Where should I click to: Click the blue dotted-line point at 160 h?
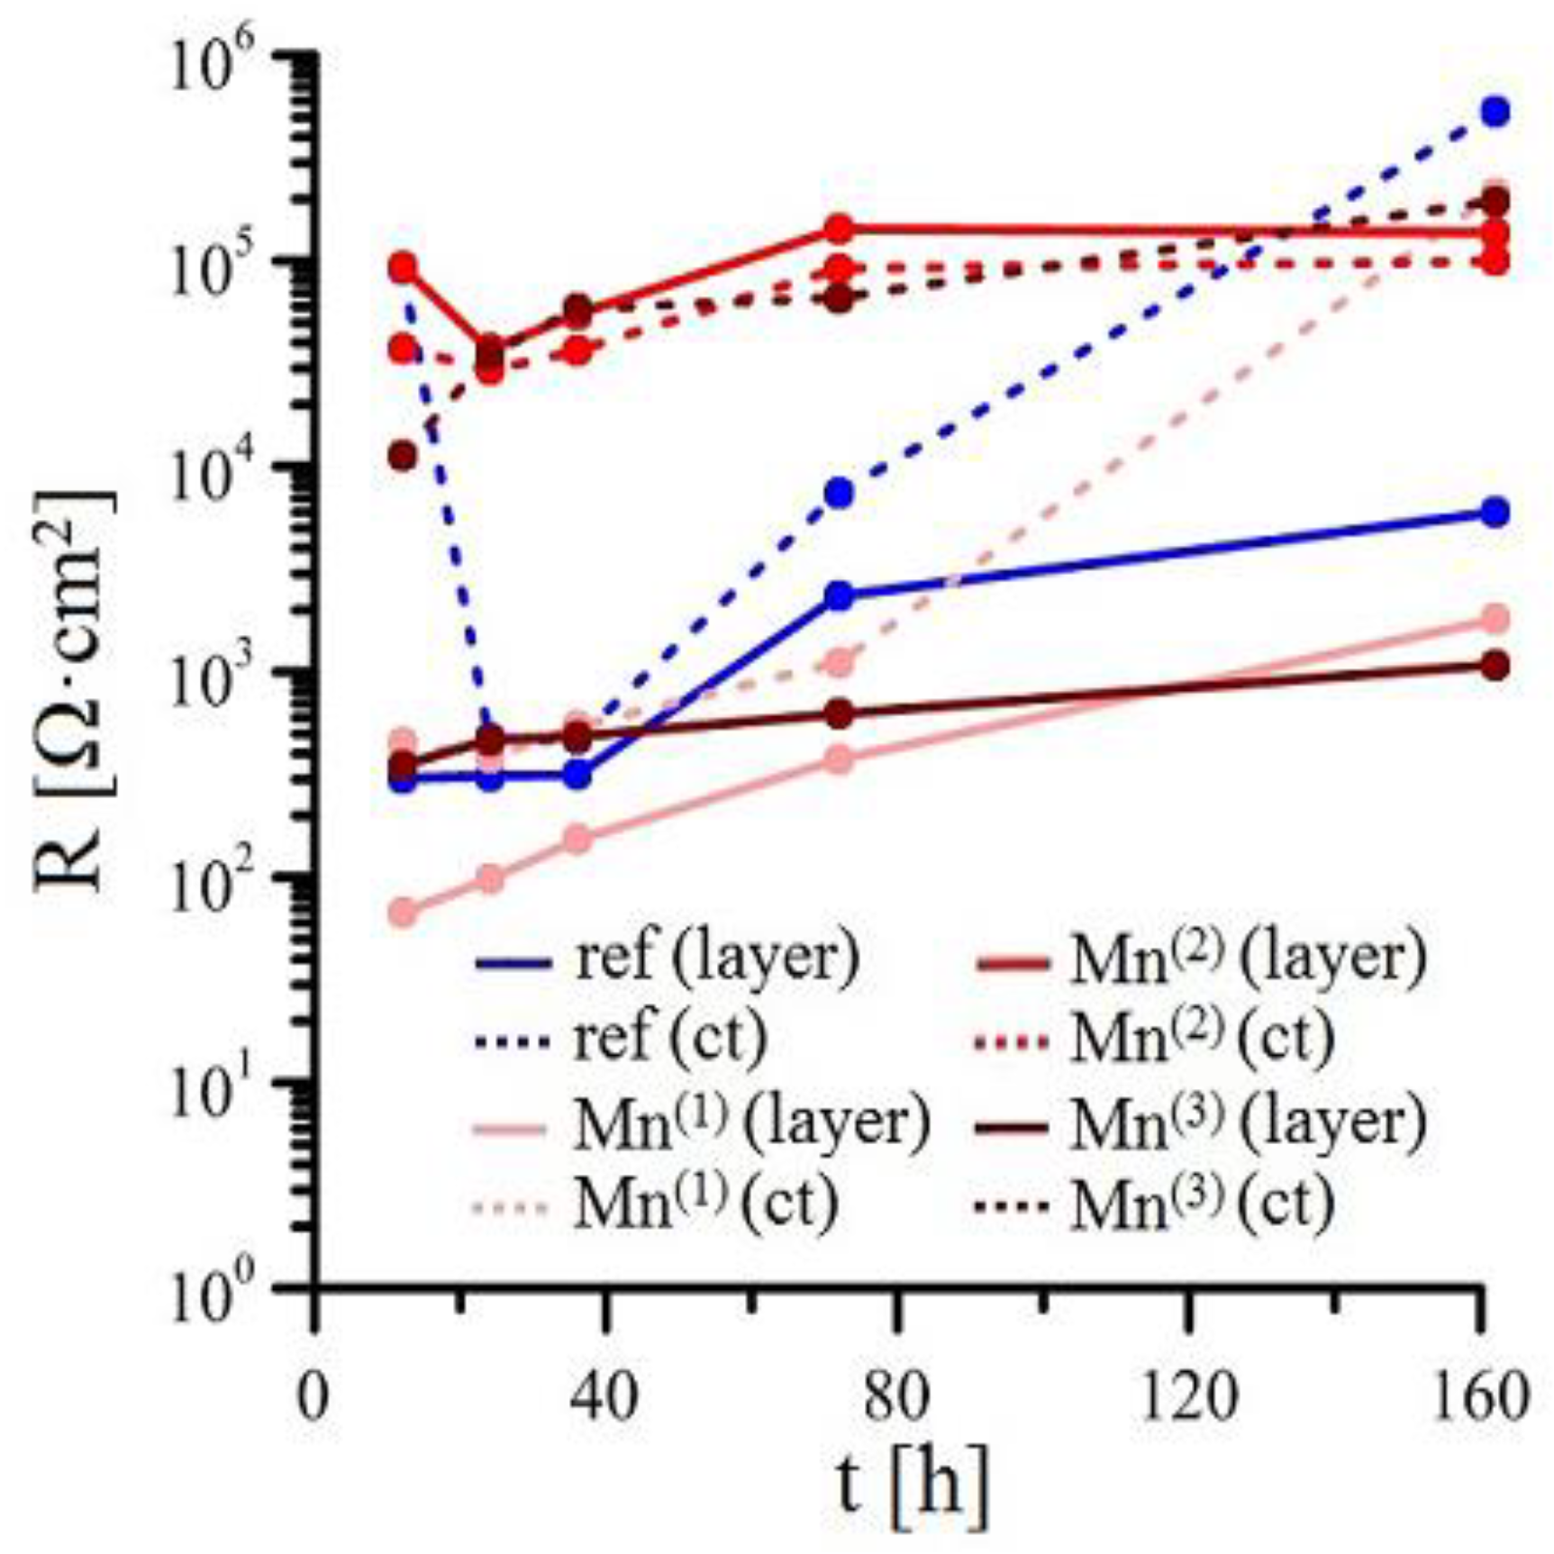pos(1495,112)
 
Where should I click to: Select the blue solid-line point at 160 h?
pos(1495,513)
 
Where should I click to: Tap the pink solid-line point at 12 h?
pos(404,913)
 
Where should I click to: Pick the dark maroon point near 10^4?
pos(404,457)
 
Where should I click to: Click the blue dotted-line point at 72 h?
pos(840,493)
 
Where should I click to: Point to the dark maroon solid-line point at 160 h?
pos(1495,667)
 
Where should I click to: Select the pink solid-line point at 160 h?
pos(1495,618)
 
